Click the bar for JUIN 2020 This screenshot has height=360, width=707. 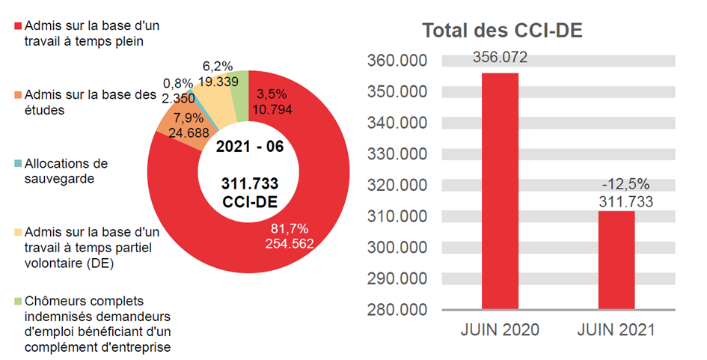tap(500, 191)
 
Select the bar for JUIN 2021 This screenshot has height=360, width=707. tap(616, 260)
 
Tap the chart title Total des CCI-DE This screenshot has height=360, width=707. tap(502, 31)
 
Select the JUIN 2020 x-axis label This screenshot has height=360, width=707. tap(501, 330)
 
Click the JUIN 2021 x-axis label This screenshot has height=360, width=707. tap(617, 330)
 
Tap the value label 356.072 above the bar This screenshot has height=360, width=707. tap(500, 58)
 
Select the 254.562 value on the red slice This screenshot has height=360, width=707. tap(287, 243)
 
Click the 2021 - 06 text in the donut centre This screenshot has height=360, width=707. tap(249, 147)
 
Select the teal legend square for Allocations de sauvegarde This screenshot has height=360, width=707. tap(18, 163)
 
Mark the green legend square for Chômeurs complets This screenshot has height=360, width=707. tap(18, 301)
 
